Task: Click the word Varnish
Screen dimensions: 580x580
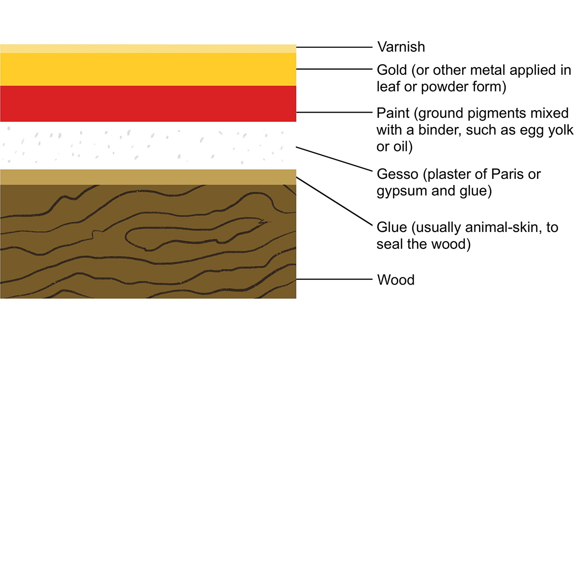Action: click(x=401, y=47)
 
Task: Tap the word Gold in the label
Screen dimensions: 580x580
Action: click(x=391, y=70)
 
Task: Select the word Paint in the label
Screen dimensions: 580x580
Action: click(x=393, y=113)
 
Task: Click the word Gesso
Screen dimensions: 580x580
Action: click(x=397, y=174)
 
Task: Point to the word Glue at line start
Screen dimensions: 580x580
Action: click(x=391, y=227)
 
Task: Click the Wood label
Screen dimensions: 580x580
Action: click(x=395, y=280)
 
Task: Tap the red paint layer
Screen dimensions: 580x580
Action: click(x=148, y=103)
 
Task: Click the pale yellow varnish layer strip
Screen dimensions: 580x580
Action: click(x=148, y=49)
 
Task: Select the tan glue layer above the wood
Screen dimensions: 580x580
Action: click(x=148, y=177)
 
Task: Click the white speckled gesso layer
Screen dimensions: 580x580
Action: click(x=148, y=145)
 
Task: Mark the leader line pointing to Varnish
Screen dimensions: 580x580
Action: click(x=334, y=47)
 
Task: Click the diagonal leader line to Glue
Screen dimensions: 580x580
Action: click(x=334, y=202)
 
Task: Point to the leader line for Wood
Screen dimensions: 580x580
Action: click(x=334, y=279)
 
